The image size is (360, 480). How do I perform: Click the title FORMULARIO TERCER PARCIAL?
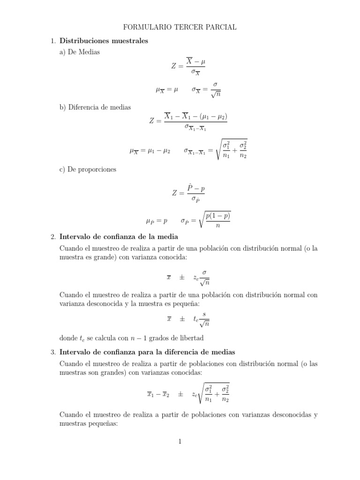(x=180, y=28)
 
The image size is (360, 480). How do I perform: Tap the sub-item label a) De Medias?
(x=80, y=52)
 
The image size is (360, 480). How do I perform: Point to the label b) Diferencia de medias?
(x=95, y=107)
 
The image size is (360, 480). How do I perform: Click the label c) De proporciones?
(x=88, y=169)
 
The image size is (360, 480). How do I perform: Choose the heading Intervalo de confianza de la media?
(x=119, y=236)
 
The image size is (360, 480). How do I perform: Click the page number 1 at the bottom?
(x=180, y=441)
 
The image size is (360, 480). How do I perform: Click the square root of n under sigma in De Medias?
(x=216, y=94)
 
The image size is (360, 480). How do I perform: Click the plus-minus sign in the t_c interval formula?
(x=181, y=319)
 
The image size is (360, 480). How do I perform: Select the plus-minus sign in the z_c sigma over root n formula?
(x=181, y=277)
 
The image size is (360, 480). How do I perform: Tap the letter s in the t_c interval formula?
(x=204, y=315)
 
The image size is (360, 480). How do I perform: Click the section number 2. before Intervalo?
(x=53, y=236)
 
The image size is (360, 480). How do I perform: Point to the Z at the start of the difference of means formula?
(x=152, y=120)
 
